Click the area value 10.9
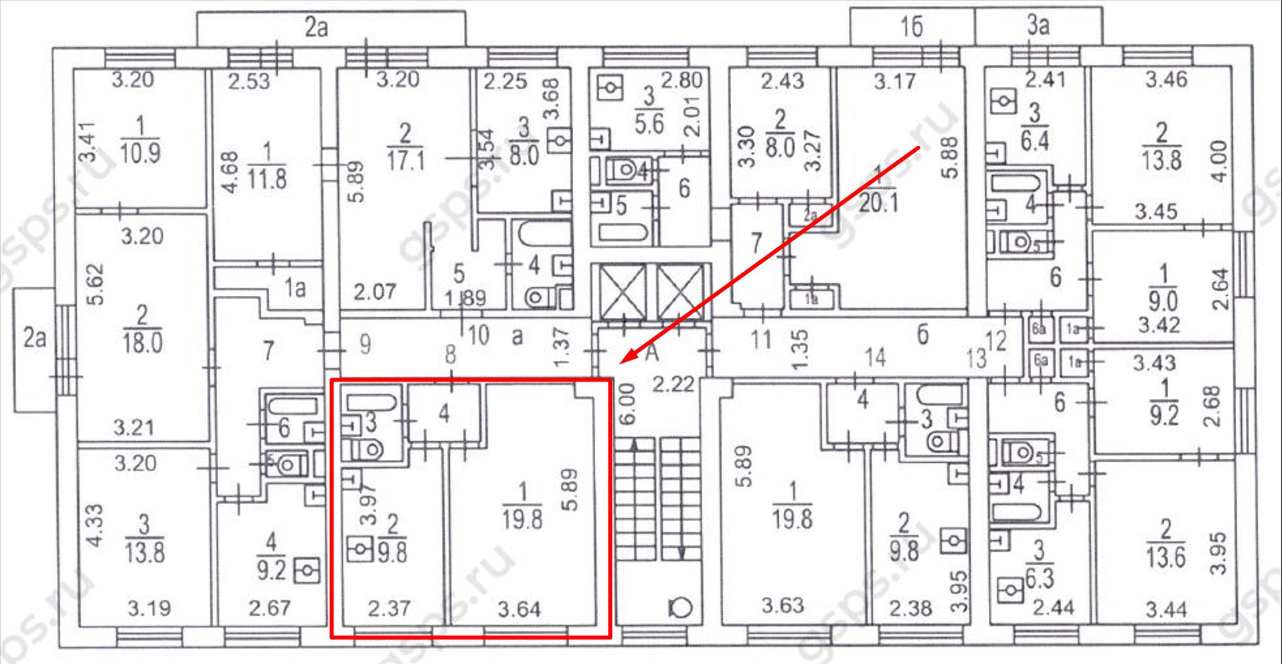(140, 153)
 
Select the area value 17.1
(406, 161)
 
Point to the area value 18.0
(142, 343)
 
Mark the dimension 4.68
(230, 173)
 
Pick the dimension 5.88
(949, 158)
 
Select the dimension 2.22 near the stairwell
(673, 384)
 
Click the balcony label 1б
(911, 27)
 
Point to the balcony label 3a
(1038, 25)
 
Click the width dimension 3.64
(519, 609)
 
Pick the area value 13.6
(1166, 557)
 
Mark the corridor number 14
(874, 357)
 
